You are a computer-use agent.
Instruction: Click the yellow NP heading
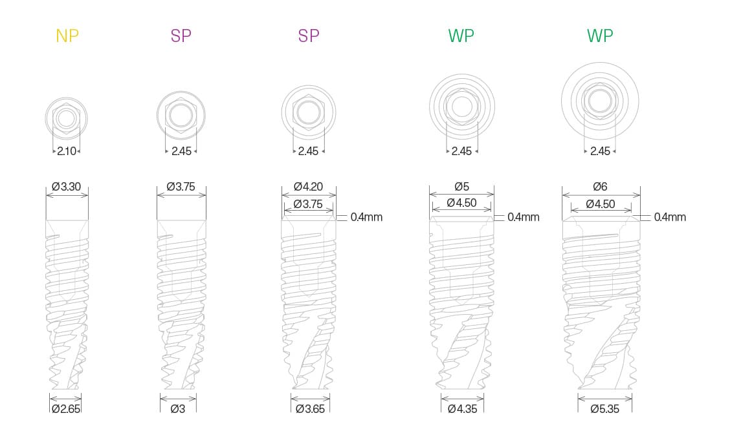point(67,36)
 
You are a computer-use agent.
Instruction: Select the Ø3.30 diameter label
point(67,187)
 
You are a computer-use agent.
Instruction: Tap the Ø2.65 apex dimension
point(65,409)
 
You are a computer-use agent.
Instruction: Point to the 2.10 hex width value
point(67,151)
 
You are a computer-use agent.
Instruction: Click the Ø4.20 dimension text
point(308,187)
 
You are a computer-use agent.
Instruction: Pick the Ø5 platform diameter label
point(461,187)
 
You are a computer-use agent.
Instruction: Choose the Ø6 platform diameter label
point(600,187)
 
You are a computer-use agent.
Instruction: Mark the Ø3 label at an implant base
point(178,409)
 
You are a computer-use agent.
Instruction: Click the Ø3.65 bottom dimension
point(310,409)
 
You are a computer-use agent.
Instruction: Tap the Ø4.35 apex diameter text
point(462,409)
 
